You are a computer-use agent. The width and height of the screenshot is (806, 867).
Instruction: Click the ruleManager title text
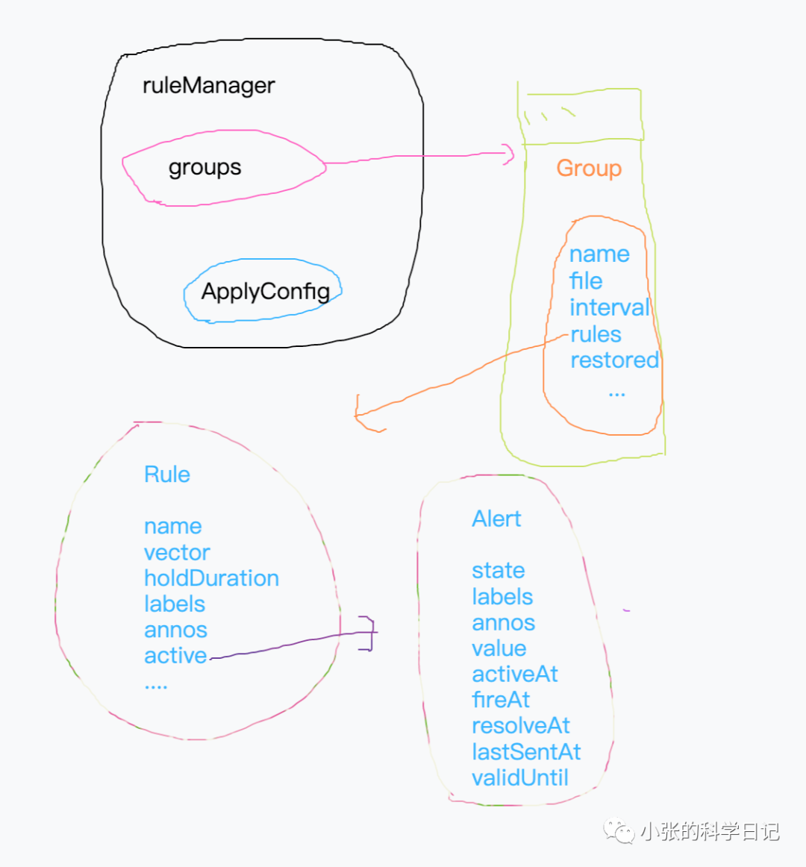[x=208, y=86]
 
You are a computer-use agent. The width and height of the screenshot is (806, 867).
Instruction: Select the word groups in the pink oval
[x=204, y=167]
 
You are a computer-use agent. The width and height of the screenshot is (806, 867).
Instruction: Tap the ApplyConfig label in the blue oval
[x=265, y=291]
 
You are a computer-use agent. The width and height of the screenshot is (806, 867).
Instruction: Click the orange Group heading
[x=589, y=168]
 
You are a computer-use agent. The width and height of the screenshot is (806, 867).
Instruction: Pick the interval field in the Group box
[x=609, y=307]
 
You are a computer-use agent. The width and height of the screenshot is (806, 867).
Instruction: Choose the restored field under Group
[x=614, y=360]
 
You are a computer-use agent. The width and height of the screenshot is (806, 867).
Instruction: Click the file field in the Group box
[x=586, y=281]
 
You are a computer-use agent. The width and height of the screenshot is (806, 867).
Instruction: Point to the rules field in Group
[x=596, y=334]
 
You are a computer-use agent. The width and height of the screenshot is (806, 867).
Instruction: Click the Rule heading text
[x=167, y=475]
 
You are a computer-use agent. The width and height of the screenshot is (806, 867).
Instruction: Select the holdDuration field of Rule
[x=211, y=578]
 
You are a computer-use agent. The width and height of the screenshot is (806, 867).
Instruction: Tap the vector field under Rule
[x=177, y=553]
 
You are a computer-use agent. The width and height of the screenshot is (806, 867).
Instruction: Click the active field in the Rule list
[x=175, y=656]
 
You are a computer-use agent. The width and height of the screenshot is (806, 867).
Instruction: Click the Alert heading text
[x=496, y=519]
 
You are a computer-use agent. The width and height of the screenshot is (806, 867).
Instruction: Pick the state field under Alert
[x=498, y=571]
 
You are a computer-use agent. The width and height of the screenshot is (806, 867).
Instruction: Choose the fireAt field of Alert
[x=501, y=700]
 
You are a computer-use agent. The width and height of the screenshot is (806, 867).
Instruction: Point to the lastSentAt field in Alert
[x=526, y=752]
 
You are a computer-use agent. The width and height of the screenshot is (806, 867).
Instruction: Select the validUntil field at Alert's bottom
[x=520, y=778]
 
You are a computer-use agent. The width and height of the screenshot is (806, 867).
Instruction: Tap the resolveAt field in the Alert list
[x=521, y=726]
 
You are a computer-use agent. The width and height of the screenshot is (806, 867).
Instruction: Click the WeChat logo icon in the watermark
[x=619, y=830]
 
